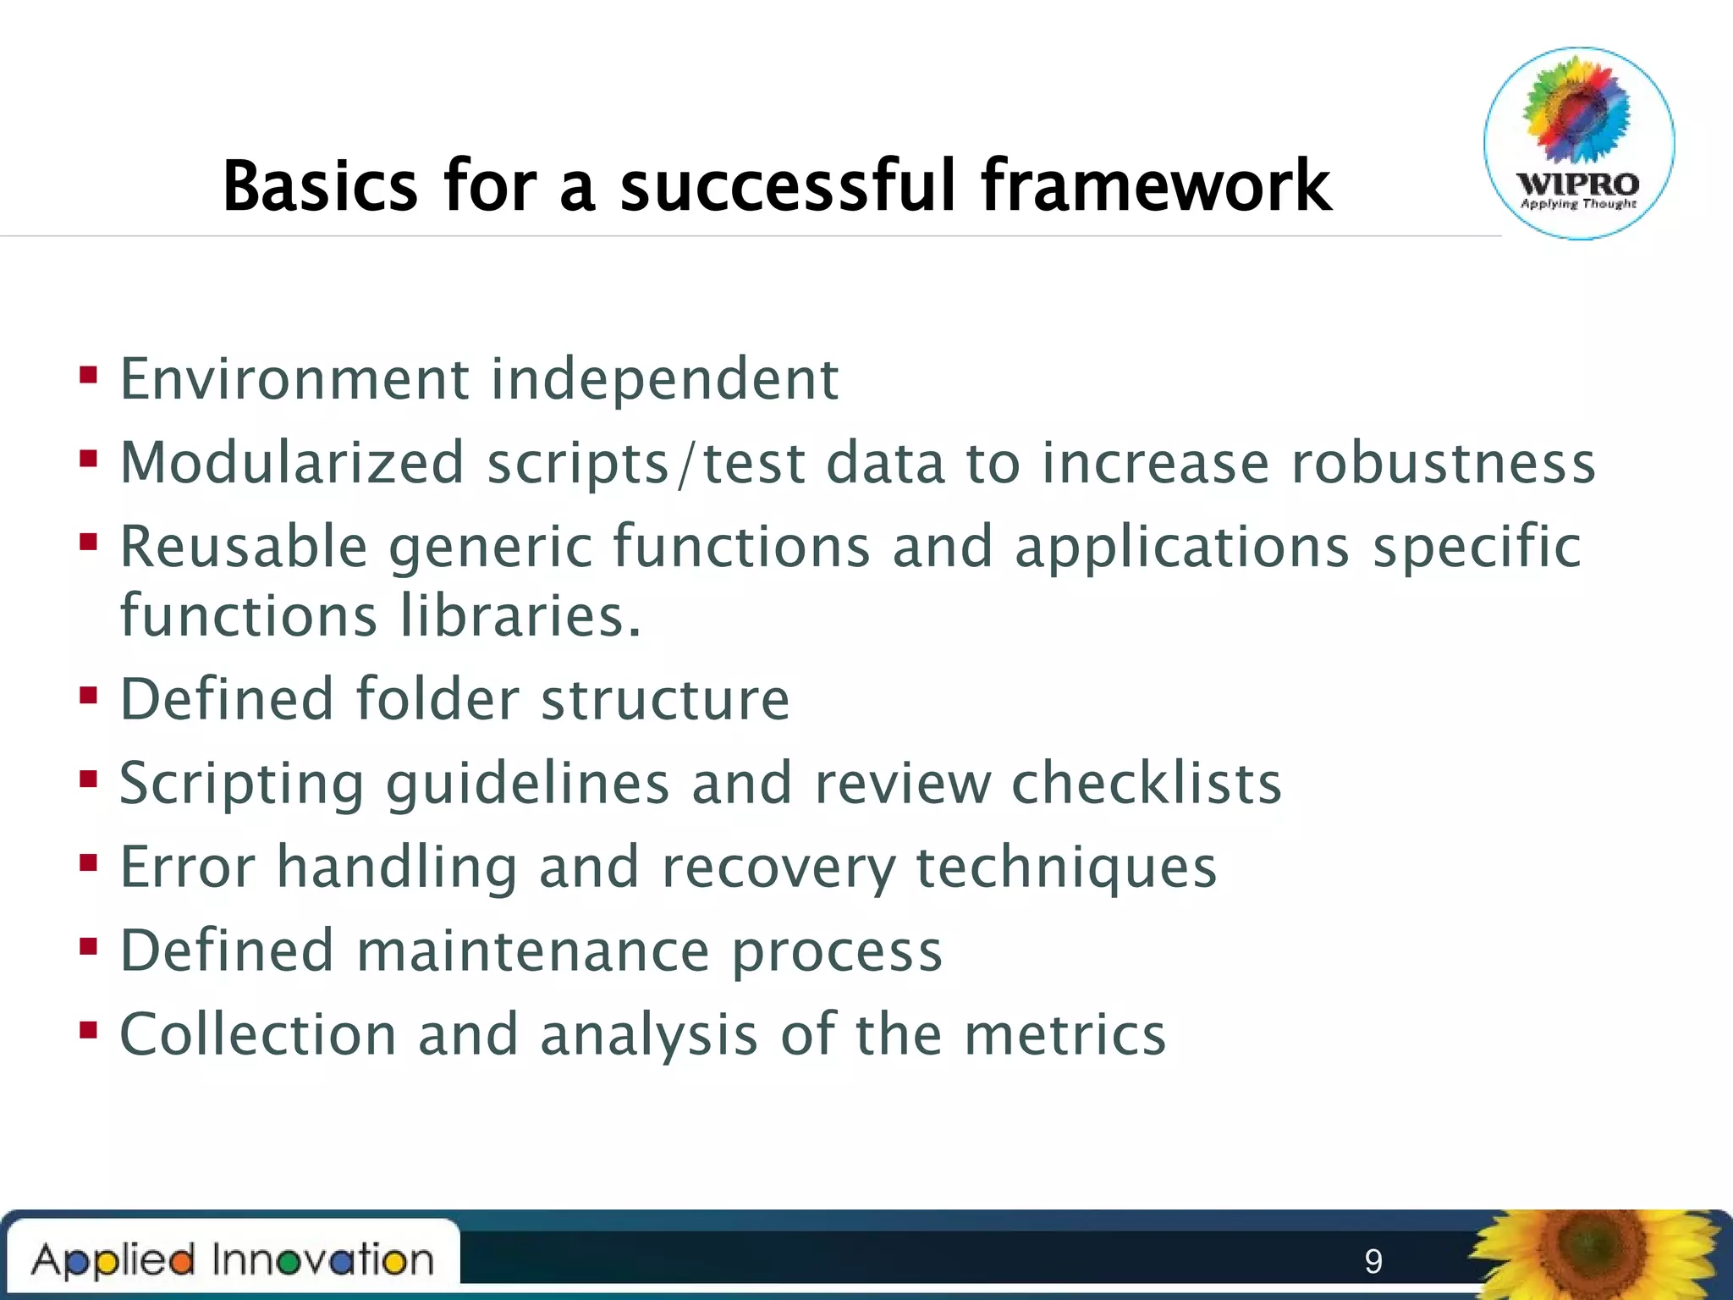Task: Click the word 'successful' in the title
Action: point(787,185)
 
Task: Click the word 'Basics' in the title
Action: point(320,185)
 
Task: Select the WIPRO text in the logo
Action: point(1578,184)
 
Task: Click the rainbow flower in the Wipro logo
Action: point(1576,110)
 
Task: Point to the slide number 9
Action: point(1373,1261)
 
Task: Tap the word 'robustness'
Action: point(1443,463)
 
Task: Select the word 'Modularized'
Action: point(292,463)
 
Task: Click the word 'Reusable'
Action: point(244,547)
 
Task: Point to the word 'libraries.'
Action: point(520,615)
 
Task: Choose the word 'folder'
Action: point(437,699)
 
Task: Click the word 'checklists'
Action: point(1147,783)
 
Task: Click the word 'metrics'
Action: point(1065,1034)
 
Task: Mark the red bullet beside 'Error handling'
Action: point(88,863)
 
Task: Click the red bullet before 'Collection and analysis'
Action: point(88,1030)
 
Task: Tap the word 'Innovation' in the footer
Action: point(322,1259)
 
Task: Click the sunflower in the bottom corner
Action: point(1595,1253)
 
